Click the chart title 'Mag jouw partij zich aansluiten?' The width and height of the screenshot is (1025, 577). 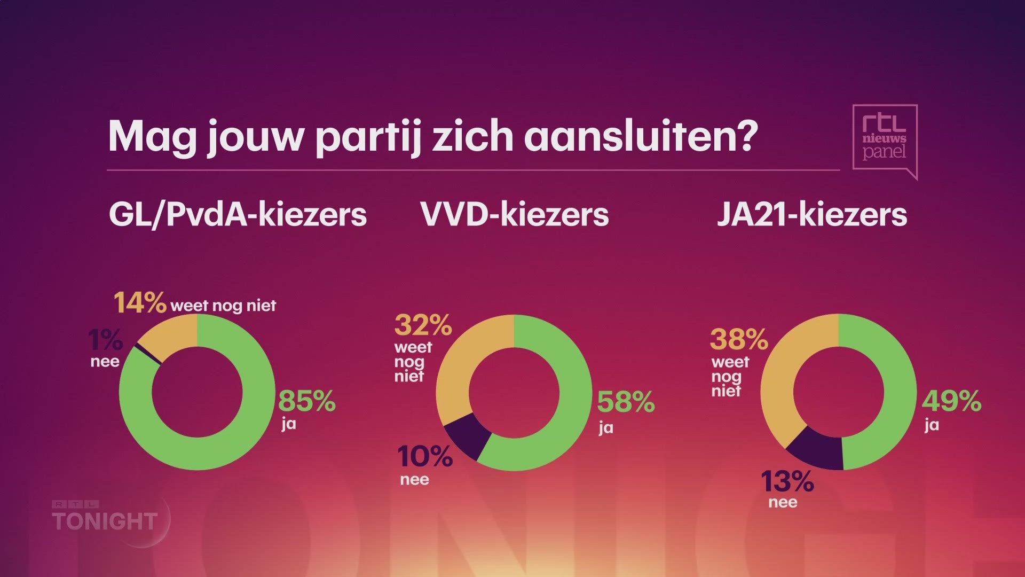(x=432, y=137)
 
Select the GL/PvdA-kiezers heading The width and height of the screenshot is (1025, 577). (x=238, y=215)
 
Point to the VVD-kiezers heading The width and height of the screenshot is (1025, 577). (x=514, y=215)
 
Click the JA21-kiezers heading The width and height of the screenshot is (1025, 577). (x=811, y=215)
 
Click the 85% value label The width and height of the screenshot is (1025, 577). (x=306, y=401)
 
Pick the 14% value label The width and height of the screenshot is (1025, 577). (x=140, y=303)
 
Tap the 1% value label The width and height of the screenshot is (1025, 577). (x=105, y=340)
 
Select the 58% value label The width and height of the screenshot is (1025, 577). (x=626, y=402)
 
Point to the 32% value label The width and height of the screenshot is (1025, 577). (x=423, y=324)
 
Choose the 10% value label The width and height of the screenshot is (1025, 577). (x=425, y=457)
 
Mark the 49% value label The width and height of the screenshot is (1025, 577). (x=951, y=401)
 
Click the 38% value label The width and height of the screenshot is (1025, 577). (x=739, y=339)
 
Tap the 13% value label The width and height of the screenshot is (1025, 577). (x=787, y=481)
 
